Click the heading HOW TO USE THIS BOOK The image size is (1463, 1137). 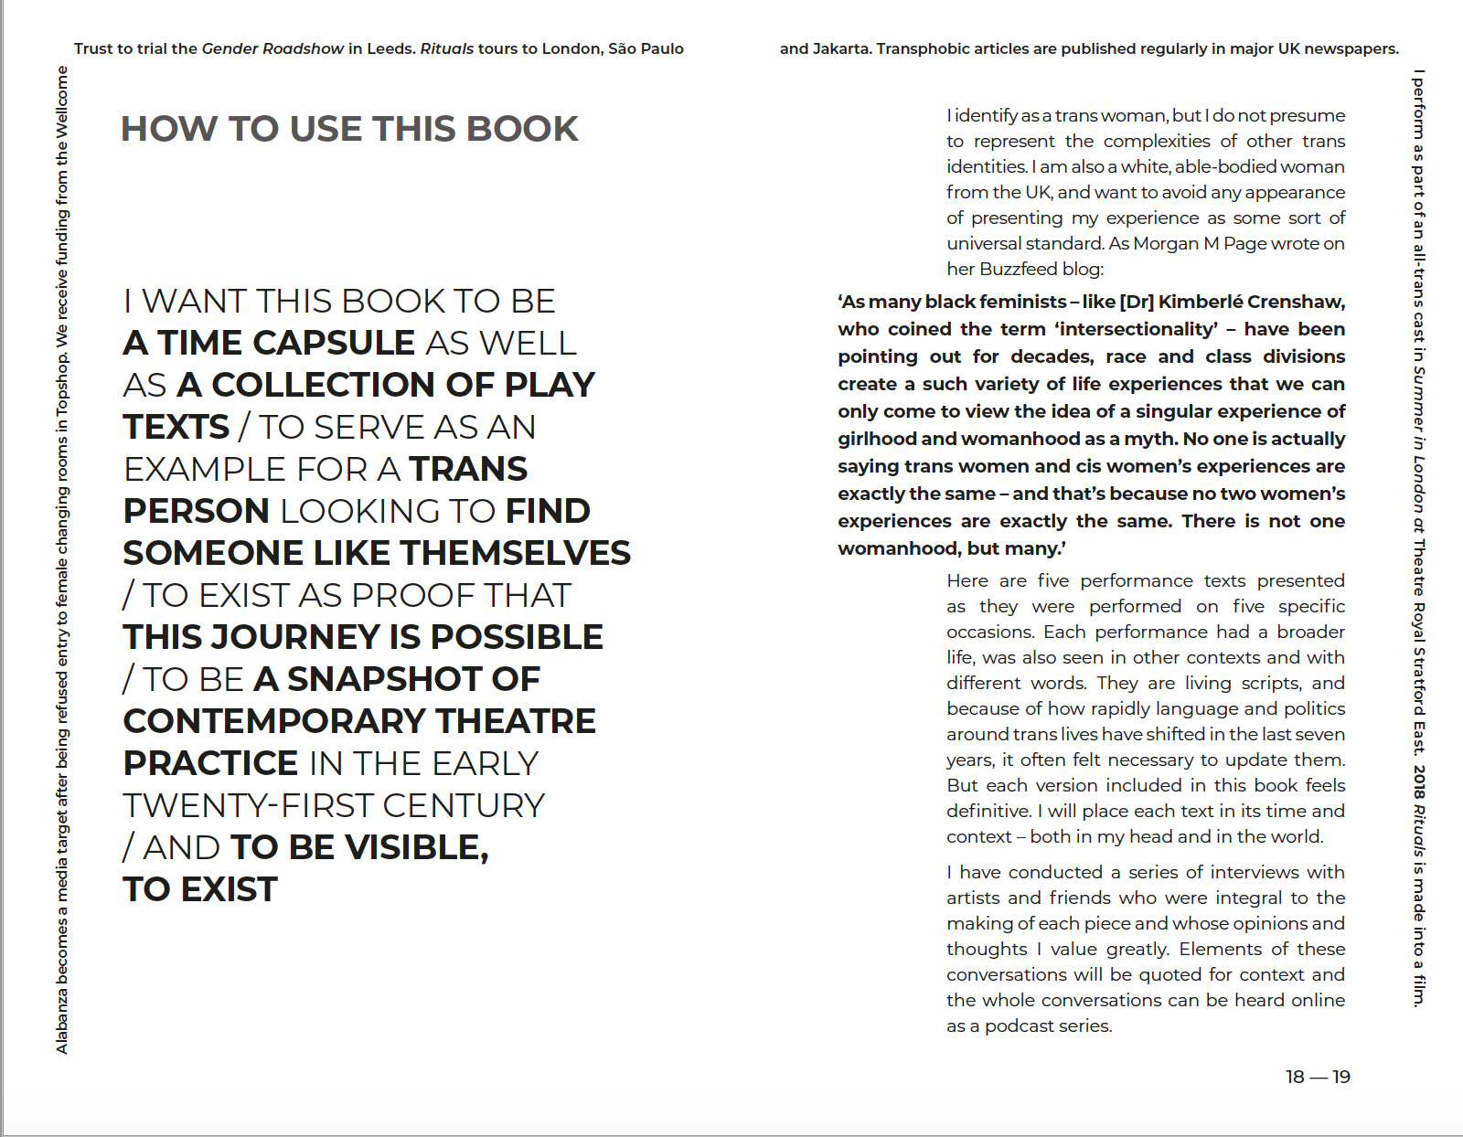coord(349,129)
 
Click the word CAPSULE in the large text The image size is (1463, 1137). coord(334,343)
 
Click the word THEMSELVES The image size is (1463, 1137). coord(516,553)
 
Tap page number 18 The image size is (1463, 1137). coord(1295,1077)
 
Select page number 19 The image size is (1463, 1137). coord(1341,1077)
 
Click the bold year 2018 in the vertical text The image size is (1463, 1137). coord(1418,781)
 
